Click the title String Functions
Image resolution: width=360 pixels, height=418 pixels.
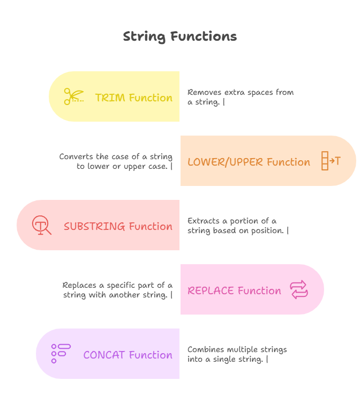pos(180,36)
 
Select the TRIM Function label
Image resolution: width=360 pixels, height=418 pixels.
pos(133,98)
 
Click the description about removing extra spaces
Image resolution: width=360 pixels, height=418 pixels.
pos(241,97)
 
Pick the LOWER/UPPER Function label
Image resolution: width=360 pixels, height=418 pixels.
pos(249,162)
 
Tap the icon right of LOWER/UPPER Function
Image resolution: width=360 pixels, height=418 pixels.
pos(331,161)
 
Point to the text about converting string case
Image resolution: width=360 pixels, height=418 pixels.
pos(116,161)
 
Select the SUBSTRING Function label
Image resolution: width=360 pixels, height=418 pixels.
pos(118,226)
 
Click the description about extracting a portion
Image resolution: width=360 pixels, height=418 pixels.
pos(238,226)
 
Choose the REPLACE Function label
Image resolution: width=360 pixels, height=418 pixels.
pos(234,290)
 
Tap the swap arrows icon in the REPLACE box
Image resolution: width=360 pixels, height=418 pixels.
pos(299,289)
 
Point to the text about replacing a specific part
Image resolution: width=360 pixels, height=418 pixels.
pos(117,290)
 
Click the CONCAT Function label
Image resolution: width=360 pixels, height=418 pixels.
pos(127,355)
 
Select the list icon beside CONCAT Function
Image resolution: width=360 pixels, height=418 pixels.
pos(61,354)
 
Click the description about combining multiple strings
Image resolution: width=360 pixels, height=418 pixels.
pos(237,354)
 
